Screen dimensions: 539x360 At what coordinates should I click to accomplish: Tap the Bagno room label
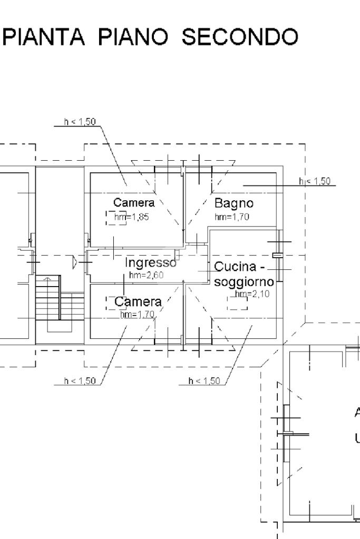[233, 203]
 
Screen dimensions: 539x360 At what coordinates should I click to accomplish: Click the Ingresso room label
[150, 262]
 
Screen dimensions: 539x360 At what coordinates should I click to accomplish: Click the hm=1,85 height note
[138, 217]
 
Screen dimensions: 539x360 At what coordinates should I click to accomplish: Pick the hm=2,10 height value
[252, 294]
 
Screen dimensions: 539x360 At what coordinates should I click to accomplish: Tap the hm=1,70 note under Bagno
[231, 217]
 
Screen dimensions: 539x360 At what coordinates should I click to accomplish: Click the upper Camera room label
[134, 203]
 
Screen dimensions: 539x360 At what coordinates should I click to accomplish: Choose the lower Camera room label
[138, 302]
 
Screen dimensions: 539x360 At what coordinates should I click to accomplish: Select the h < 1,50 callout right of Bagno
[315, 181]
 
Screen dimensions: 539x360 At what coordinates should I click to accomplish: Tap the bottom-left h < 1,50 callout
[80, 381]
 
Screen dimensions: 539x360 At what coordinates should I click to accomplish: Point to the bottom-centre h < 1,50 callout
[204, 381]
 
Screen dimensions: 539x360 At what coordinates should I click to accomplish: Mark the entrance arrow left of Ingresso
[75, 261]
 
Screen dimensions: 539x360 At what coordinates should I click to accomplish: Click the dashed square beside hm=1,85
[116, 218]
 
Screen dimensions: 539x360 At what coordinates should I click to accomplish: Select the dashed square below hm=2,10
[237, 303]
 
